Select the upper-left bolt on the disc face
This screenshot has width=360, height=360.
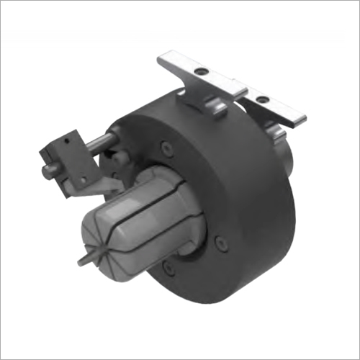pyautogui.click(x=166, y=149)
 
